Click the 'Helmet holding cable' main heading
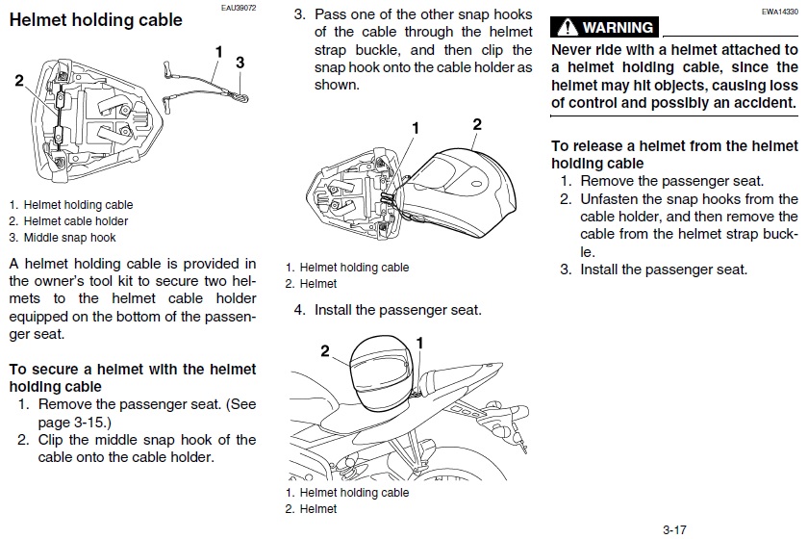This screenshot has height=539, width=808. (94, 20)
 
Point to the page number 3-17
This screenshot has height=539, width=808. (673, 528)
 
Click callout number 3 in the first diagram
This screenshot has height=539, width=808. (240, 62)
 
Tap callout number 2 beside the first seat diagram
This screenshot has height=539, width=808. (19, 82)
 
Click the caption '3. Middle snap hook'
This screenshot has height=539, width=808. (63, 238)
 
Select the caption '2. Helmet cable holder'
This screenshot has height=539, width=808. (68, 221)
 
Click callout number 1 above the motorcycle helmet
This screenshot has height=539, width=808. (420, 342)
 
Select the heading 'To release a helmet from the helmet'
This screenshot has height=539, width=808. (673, 146)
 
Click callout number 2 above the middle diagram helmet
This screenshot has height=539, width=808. (476, 124)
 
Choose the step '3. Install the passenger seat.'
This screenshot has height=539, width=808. (653, 269)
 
